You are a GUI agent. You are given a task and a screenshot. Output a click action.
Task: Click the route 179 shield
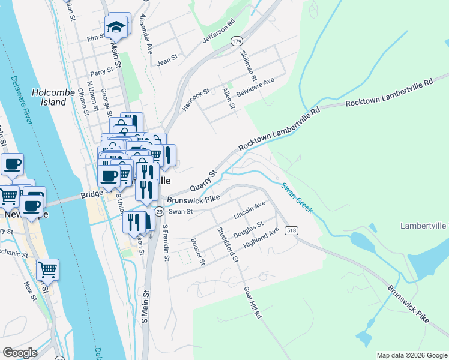tap(237, 41)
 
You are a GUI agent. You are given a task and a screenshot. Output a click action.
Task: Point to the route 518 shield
tap(292, 230)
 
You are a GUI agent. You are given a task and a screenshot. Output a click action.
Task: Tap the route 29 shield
tap(159, 211)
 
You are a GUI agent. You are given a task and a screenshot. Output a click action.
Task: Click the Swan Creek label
tap(297, 197)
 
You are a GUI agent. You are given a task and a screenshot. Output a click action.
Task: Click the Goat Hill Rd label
tap(252, 302)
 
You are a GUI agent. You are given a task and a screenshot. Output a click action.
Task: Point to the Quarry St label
tap(203, 179)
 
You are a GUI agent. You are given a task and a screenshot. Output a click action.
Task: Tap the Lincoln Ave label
tap(249, 210)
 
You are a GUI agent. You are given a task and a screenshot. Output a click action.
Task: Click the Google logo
tap(20, 353)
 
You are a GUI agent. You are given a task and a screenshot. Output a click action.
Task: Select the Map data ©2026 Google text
tap(412, 355)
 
